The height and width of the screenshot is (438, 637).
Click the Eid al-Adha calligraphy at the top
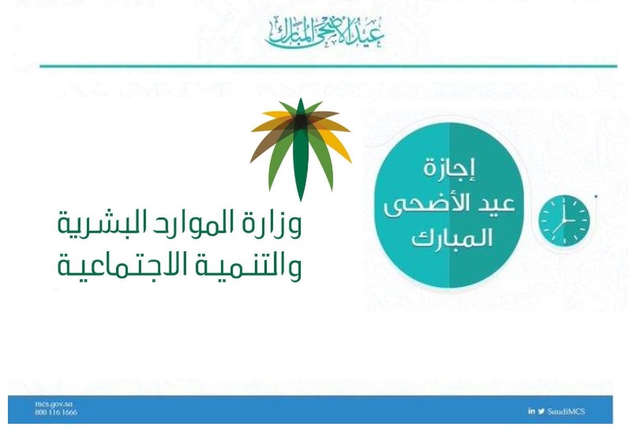click(324, 32)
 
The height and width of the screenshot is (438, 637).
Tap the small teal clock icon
click(564, 221)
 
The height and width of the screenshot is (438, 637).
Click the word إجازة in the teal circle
click(449, 168)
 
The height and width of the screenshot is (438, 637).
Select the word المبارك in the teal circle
click(452, 238)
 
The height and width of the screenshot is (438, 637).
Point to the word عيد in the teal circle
click(496, 203)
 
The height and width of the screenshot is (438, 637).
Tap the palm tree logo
click(301, 149)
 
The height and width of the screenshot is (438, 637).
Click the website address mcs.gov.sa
click(54, 404)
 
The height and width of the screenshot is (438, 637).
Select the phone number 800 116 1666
click(56, 413)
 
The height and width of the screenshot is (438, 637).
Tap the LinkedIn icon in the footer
click(531, 411)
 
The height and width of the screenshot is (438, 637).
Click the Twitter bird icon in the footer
click(541, 412)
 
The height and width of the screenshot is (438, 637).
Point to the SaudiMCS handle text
click(566, 412)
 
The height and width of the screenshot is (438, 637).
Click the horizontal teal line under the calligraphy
click(328, 66)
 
